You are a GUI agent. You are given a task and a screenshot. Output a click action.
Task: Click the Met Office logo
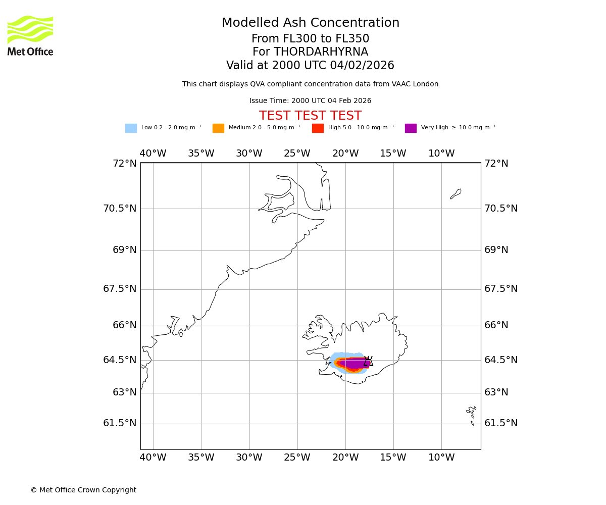30,35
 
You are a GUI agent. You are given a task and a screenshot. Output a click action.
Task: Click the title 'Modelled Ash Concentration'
310,23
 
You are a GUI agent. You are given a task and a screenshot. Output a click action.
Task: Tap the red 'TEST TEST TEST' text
310,116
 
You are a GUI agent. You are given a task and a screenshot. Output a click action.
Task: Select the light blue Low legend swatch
131,128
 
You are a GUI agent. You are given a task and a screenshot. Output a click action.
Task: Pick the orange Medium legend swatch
218,128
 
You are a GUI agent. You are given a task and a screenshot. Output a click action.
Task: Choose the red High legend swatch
318,128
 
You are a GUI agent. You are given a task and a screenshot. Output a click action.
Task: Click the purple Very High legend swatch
411,128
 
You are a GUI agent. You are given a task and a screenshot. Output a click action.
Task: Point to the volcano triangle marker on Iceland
368,361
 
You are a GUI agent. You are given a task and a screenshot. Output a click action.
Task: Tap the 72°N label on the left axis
124,164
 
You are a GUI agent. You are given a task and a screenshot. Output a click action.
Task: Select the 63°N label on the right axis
496,392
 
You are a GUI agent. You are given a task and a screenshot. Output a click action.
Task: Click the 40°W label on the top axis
153,154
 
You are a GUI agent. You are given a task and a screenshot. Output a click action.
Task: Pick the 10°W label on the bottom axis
441,458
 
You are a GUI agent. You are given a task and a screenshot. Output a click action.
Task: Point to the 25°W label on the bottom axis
297,458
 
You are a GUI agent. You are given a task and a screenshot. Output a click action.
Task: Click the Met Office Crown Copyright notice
83,490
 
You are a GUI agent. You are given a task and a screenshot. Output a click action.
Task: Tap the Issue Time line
310,101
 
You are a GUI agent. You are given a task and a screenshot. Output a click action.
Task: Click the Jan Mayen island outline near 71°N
456,194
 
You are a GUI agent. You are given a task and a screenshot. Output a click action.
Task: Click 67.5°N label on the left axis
120,289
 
